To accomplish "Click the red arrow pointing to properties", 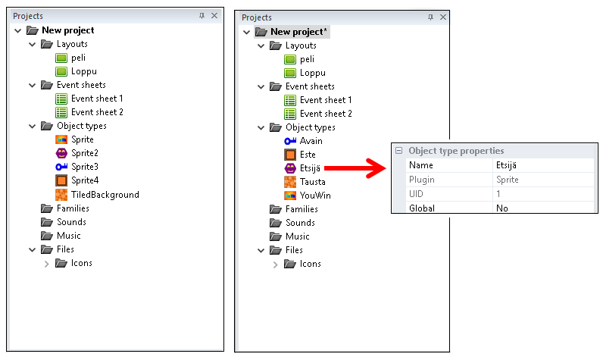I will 356,167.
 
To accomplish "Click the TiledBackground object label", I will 105,195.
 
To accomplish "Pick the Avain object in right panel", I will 311,141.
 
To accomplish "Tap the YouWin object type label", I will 315,196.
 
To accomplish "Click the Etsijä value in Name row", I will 511,164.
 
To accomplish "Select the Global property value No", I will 501,208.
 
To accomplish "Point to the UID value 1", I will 498,193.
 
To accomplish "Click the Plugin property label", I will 422,180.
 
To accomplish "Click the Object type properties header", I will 456,151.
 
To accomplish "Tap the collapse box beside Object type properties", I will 398,151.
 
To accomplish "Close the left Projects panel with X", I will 214,15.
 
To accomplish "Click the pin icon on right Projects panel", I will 430,17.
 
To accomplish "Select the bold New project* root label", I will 298,32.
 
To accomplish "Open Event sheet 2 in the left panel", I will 97,112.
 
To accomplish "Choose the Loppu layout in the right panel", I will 312,73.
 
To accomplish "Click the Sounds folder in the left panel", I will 71,222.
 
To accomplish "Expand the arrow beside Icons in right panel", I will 274,264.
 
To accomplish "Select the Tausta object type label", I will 313,182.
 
